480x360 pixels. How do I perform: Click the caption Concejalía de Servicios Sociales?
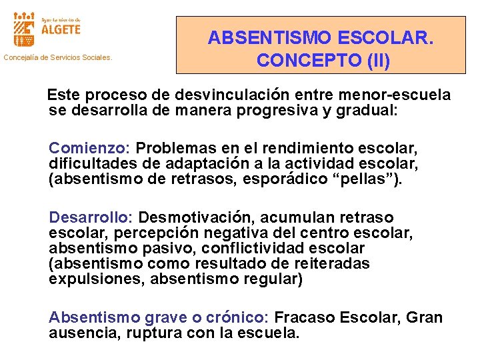coord(59,58)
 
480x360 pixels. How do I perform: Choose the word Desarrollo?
coord(91,217)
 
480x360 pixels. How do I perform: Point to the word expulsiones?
coord(97,279)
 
